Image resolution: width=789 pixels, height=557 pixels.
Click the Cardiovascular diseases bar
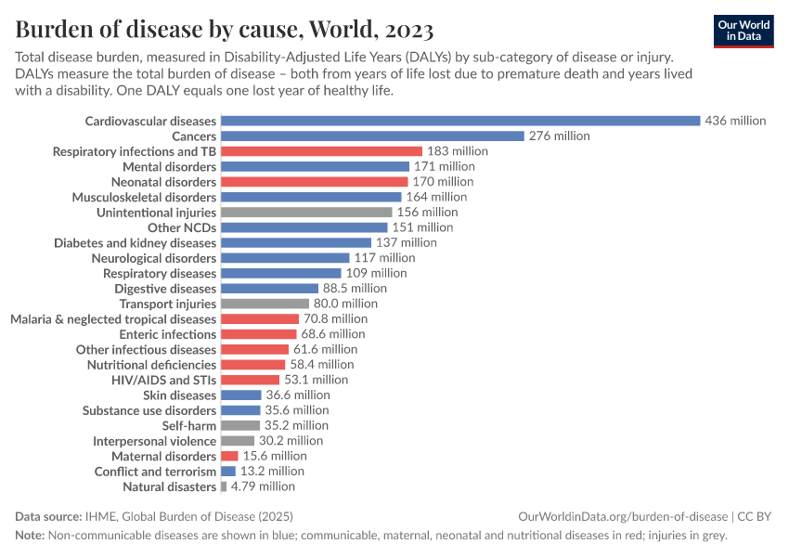tap(459, 121)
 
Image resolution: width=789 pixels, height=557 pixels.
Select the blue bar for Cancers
tap(372, 136)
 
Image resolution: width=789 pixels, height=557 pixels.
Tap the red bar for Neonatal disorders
tap(314, 182)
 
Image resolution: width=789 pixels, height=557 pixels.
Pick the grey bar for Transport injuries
tap(265, 304)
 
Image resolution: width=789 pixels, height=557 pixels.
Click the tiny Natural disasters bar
tap(224, 486)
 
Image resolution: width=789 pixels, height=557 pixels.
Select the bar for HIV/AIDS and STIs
tap(250, 380)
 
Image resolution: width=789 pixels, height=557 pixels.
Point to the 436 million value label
tap(735, 121)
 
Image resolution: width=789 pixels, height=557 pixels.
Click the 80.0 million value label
tap(346, 304)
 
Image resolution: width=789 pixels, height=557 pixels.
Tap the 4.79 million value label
tap(264, 486)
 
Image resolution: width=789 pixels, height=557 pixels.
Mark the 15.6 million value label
tap(276, 456)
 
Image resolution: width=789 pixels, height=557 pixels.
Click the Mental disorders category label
tap(170, 166)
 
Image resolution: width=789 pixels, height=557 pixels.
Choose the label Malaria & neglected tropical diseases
tap(113, 318)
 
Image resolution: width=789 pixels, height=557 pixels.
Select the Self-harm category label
tap(189, 425)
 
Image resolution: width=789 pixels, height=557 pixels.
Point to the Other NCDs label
tap(182, 227)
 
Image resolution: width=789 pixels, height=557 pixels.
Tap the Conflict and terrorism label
tap(155, 472)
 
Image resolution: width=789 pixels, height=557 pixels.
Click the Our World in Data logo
tap(744, 31)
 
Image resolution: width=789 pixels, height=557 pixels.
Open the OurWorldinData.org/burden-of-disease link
tap(622, 516)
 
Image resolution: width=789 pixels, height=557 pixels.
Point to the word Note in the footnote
tap(29, 535)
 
